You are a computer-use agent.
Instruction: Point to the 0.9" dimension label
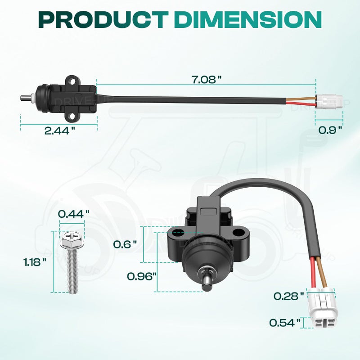click(330, 130)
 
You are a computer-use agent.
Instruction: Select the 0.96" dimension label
click(141, 276)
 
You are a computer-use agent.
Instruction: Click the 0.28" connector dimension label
click(288, 296)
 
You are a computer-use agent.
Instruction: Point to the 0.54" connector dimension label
click(284, 323)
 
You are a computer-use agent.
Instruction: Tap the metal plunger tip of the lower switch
click(208, 283)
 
